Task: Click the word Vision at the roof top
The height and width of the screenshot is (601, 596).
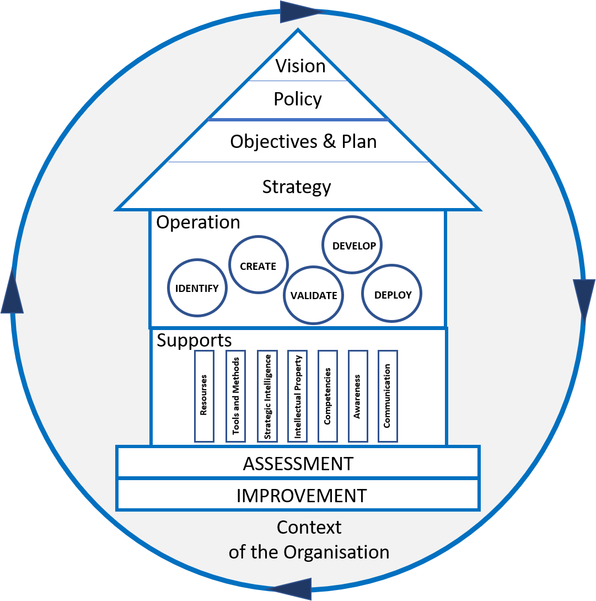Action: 300,66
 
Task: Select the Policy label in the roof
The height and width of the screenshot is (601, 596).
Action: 298,99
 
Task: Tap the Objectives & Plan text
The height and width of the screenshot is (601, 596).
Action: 303,142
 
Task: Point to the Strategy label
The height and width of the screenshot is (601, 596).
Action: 297,187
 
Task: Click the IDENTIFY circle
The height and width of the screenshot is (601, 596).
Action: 197,288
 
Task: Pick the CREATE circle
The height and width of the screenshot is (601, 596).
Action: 258,266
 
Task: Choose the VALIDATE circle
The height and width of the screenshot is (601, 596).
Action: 314,295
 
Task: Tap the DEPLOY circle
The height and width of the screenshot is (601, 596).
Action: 393,295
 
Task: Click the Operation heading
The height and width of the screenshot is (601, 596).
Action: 198,222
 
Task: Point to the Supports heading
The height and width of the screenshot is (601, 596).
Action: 194,340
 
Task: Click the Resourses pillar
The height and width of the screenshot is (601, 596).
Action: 204,396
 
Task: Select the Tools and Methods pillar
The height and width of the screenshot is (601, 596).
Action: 235,396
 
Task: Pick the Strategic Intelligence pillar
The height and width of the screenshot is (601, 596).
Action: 267,396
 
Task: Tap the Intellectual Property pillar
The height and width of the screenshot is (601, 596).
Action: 298,396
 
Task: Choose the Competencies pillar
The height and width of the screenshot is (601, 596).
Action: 327,396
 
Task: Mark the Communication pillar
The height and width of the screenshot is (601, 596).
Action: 387,396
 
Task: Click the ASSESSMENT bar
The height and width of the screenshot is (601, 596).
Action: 298,464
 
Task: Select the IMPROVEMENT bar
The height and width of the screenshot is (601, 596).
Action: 301,496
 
